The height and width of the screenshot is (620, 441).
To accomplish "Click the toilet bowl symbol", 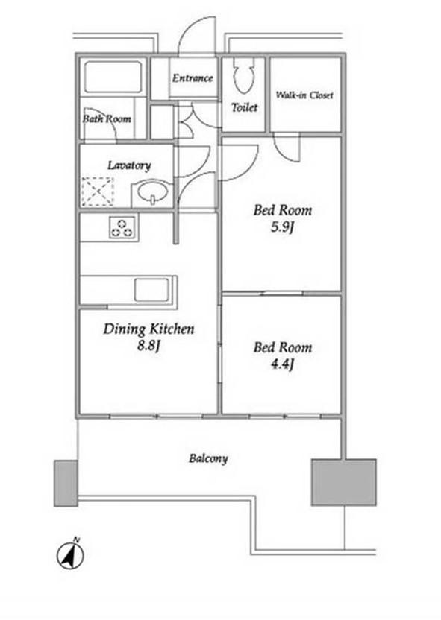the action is pos(243,76).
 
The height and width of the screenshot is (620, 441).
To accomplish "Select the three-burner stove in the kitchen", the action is pos(122,228).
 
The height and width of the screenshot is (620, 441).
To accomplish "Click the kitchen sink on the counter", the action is pos(151,290).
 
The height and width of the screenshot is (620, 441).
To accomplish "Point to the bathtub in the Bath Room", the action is pos(113,77).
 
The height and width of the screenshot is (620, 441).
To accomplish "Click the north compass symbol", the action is pos(70,554).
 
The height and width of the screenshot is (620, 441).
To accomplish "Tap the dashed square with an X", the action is pos(98,192).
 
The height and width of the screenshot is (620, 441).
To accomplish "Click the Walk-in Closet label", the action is pos(304,95).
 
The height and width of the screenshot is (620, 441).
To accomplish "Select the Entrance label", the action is pos(193,78).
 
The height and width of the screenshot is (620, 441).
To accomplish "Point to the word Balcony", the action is pos(208,458).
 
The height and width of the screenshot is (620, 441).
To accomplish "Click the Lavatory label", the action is pos(129,165).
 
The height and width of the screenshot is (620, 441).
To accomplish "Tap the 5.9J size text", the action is pos(282,227).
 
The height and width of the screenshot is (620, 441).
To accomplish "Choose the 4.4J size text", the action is pos(282,364).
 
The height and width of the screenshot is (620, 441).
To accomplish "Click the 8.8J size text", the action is pos(148,346).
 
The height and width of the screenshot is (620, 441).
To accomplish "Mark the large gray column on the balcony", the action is pos(343,482).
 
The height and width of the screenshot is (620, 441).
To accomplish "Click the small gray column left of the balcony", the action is pos(66,483).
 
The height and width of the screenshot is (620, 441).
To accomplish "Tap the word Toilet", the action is pos(244,107).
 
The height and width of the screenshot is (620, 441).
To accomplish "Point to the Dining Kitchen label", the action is pos(148,329).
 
